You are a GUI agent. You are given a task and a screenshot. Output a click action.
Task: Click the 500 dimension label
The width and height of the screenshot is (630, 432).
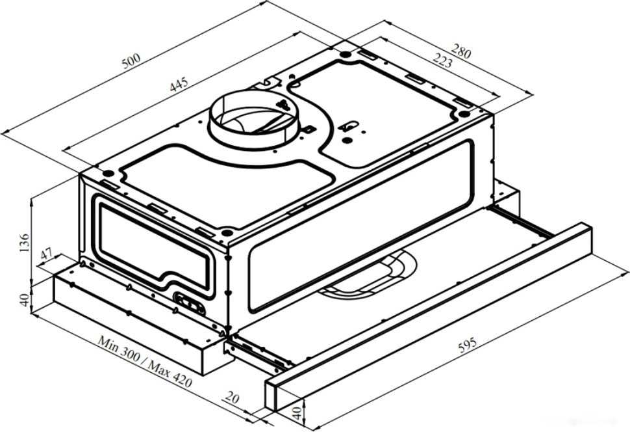tap(131, 61)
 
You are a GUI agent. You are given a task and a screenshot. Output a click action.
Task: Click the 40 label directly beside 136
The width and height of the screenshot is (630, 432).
tap(25, 300)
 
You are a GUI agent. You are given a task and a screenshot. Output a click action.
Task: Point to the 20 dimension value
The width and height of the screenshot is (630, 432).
tap(233, 397)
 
